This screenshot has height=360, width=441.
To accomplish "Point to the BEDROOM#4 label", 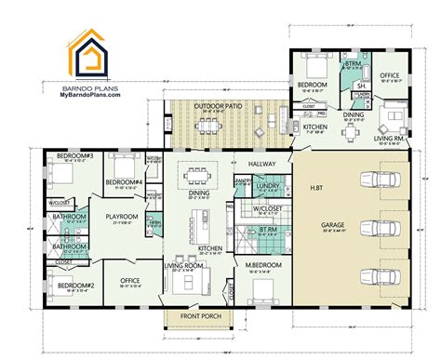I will pos(123,180).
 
